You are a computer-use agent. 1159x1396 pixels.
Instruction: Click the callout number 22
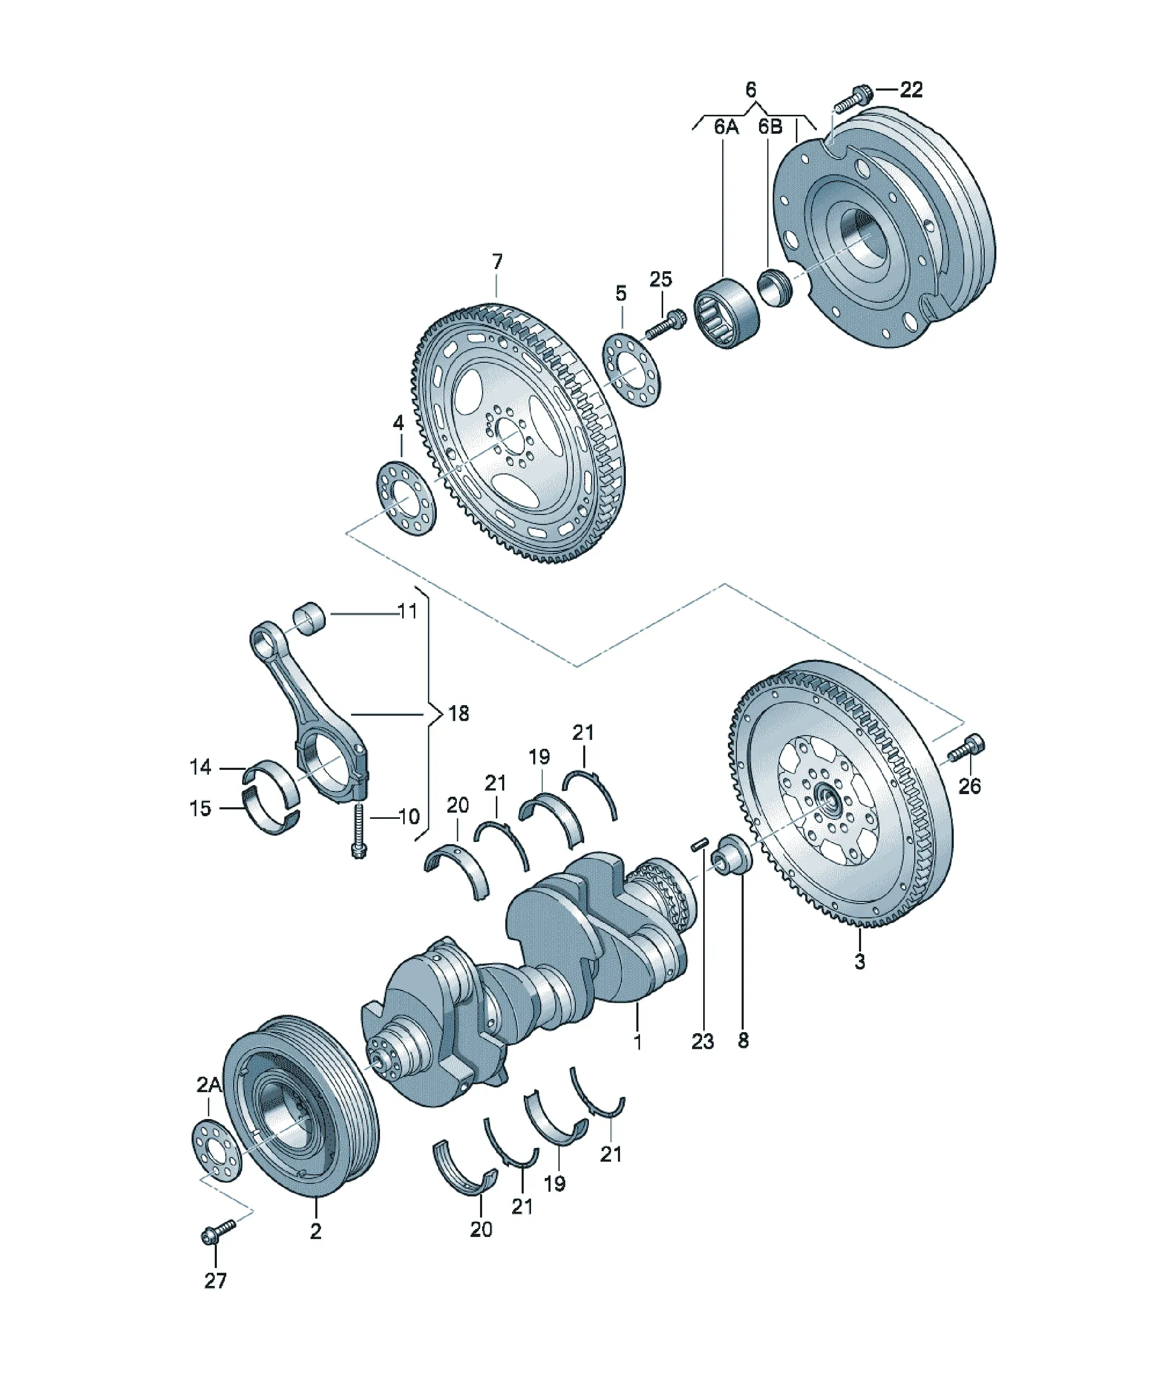point(911,90)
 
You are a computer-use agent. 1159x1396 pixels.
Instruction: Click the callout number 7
point(497,262)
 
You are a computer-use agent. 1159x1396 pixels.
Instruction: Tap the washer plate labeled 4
point(406,497)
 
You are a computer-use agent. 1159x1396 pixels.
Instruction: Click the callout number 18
point(458,714)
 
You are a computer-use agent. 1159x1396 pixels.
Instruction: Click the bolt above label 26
point(966,748)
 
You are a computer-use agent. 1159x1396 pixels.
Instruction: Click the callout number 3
point(860,961)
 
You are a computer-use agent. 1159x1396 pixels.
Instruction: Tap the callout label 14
point(200,767)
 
